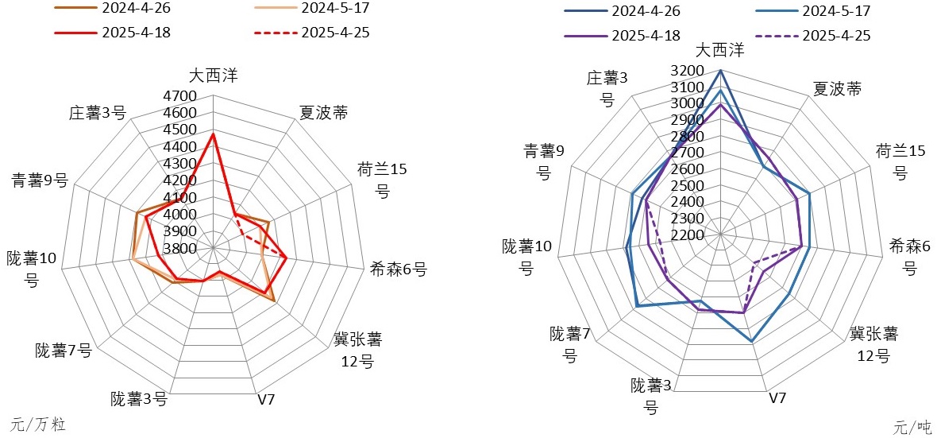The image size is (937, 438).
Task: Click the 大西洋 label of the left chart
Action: point(213,76)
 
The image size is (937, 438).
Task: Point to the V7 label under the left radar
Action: point(266,399)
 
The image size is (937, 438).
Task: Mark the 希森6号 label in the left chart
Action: point(398,269)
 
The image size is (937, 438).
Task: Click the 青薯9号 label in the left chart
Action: point(39,180)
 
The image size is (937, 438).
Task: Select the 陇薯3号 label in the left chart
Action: point(139,399)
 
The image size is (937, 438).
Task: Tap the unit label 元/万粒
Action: point(37,424)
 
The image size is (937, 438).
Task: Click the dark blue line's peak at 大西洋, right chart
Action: point(720,71)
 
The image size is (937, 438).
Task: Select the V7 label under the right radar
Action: point(777,397)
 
